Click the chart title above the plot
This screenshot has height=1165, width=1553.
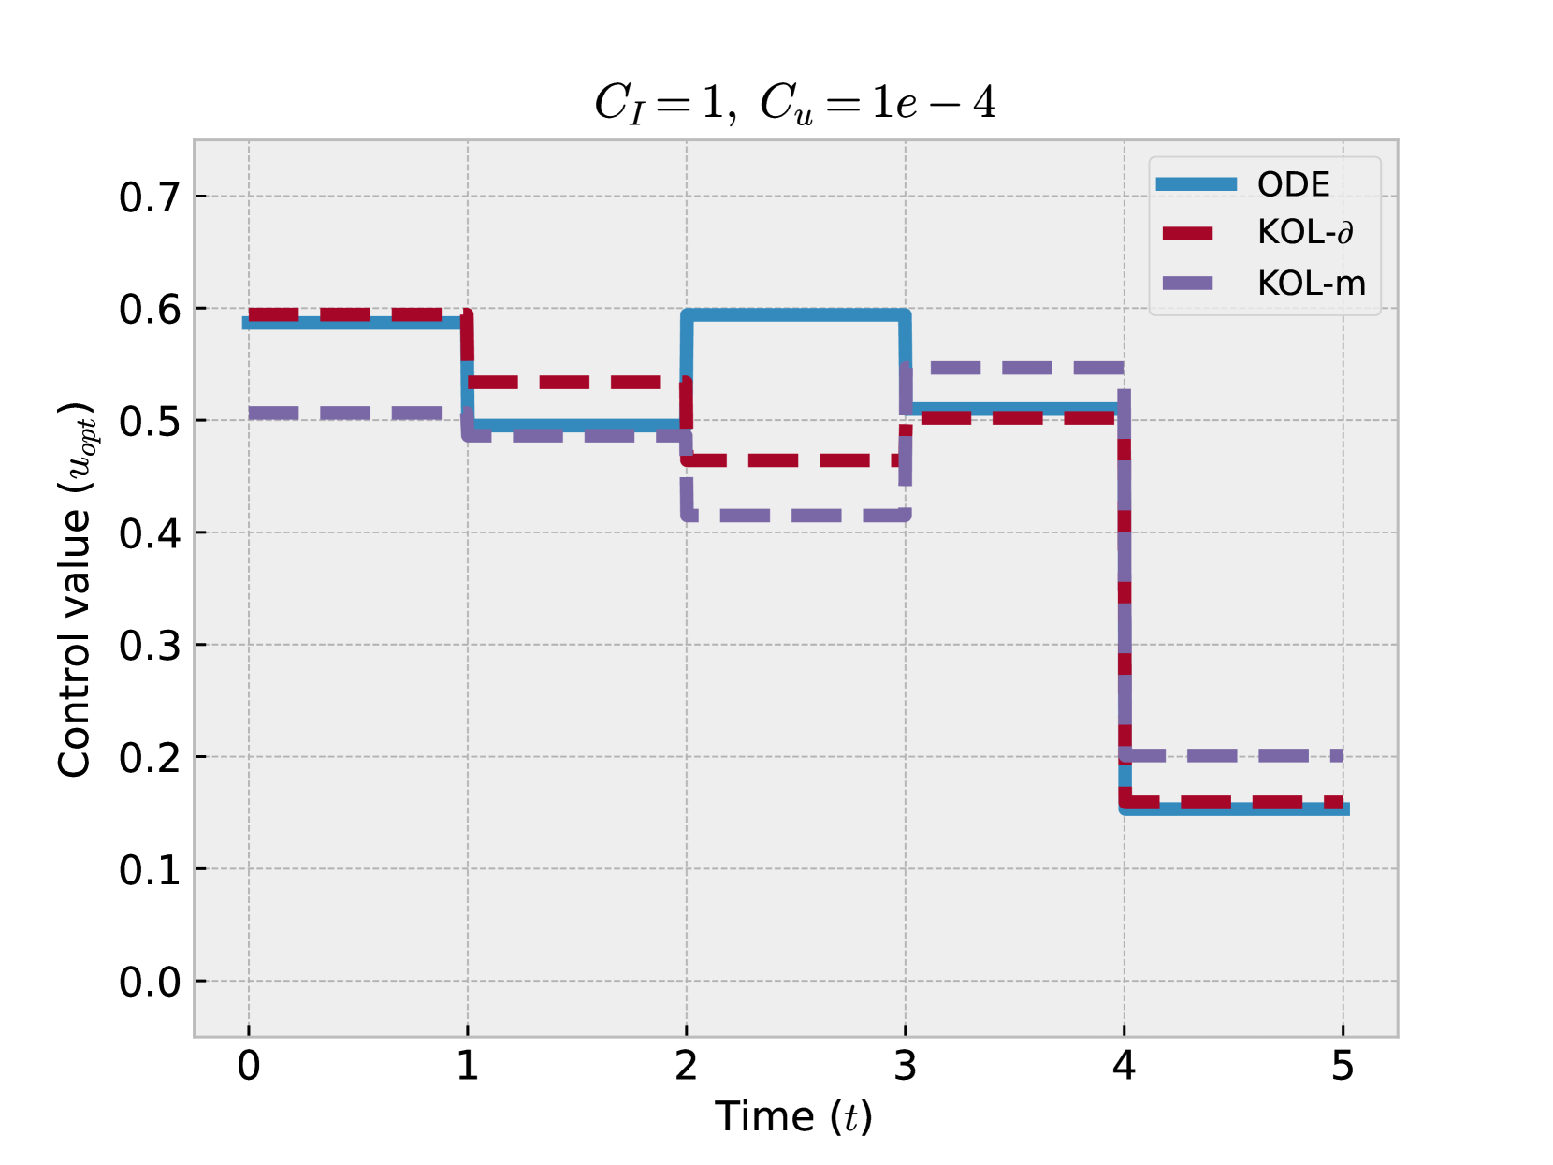coord(794,102)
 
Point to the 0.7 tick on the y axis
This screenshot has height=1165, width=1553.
coord(150,197)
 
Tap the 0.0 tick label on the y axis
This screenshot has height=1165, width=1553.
coord(150,982)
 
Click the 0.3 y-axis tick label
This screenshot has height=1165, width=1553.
coord(150,646)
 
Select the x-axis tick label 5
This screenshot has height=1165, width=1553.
coord(1343,1066)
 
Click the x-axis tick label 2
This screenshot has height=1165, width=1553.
coord(686,1066)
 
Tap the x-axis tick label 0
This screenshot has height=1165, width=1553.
coord(249,1066)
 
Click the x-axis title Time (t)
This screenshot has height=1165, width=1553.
coord(793,1117)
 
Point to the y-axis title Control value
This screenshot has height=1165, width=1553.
coord(76,590)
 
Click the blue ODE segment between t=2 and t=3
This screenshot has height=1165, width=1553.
coord(795,315)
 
